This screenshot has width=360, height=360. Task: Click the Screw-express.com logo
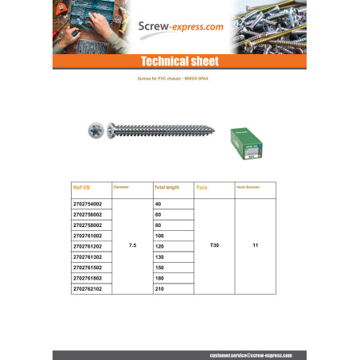[x=180, y=26]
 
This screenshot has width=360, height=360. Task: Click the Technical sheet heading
[x=179, y=62]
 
